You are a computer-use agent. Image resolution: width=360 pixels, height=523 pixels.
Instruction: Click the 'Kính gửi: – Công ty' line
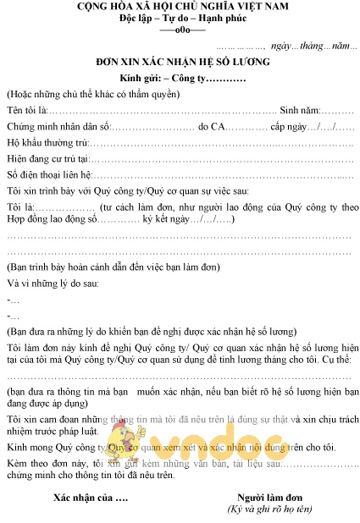183,79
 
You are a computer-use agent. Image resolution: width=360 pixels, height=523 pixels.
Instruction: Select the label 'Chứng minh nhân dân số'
57,127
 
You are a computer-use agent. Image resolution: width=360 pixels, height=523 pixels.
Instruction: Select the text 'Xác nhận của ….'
91,496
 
